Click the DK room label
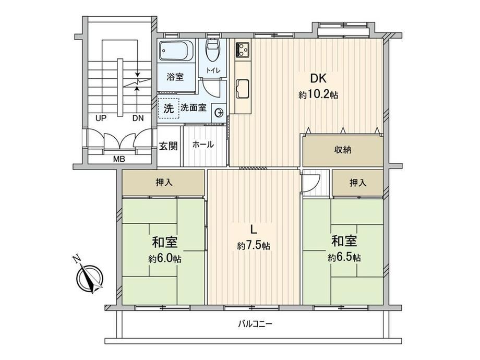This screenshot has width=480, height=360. (318, 79)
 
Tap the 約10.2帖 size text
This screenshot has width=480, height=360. (318, 95)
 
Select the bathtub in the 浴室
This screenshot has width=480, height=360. (176, 51)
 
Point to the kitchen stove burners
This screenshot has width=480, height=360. (242, 50)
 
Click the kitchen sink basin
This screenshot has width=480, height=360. (243, 89)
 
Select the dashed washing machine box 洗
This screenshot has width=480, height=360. (169, 109)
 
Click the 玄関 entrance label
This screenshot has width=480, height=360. (169, 146)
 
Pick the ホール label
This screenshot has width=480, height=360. (203, 145)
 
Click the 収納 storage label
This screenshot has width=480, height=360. (343, 150)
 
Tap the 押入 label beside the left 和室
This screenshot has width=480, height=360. (164, 183)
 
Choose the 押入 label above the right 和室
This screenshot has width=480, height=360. (358, 183)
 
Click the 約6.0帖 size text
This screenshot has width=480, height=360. (165, 259)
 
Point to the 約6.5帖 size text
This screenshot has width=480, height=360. (344, 258)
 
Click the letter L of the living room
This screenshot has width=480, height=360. (253, 229)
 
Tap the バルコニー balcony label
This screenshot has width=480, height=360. (255, 324)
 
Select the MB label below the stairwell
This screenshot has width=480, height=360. (119, 160)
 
